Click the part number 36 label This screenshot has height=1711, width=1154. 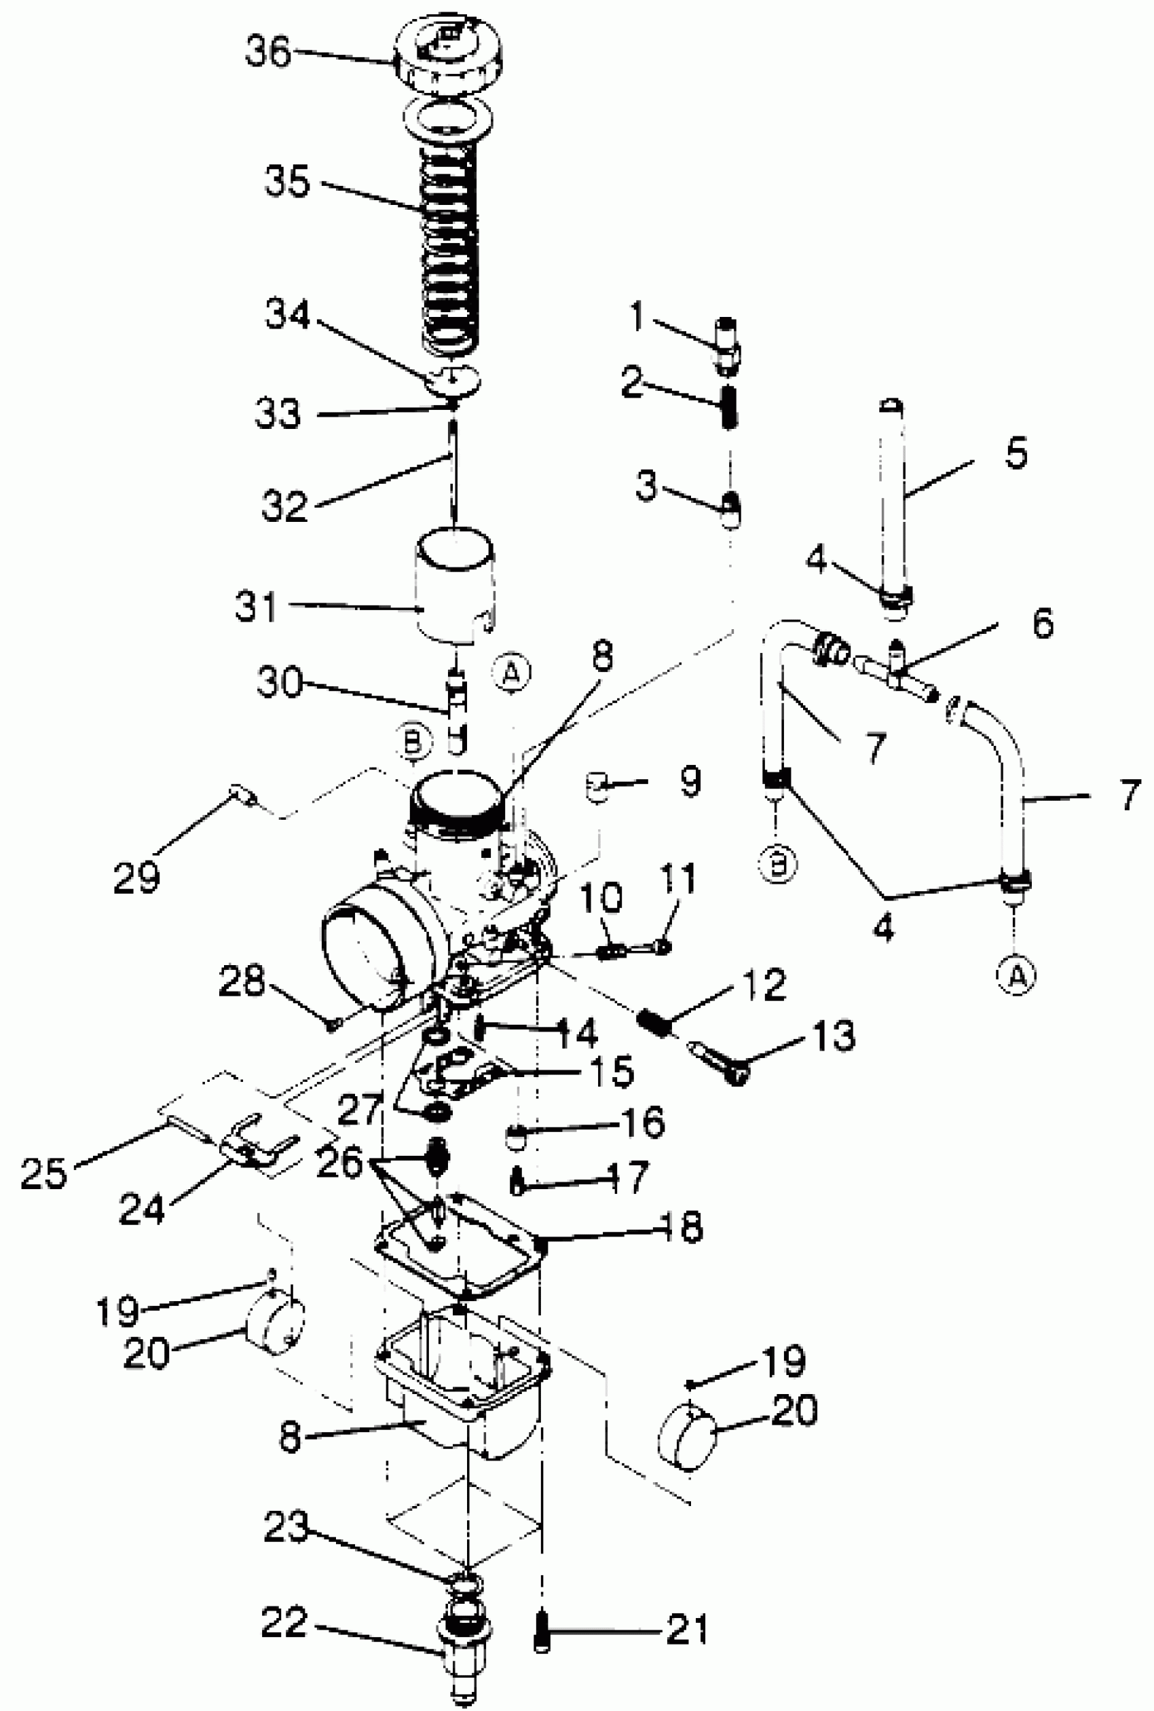point(268,53)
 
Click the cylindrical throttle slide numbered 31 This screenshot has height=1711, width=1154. point(454,588)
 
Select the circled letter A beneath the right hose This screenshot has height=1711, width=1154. point(1016,976)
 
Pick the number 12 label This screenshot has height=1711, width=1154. point(764,985)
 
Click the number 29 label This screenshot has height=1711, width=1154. point(137,876)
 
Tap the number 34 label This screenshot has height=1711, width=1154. point(288,315)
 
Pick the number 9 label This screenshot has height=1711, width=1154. point(690,781)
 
